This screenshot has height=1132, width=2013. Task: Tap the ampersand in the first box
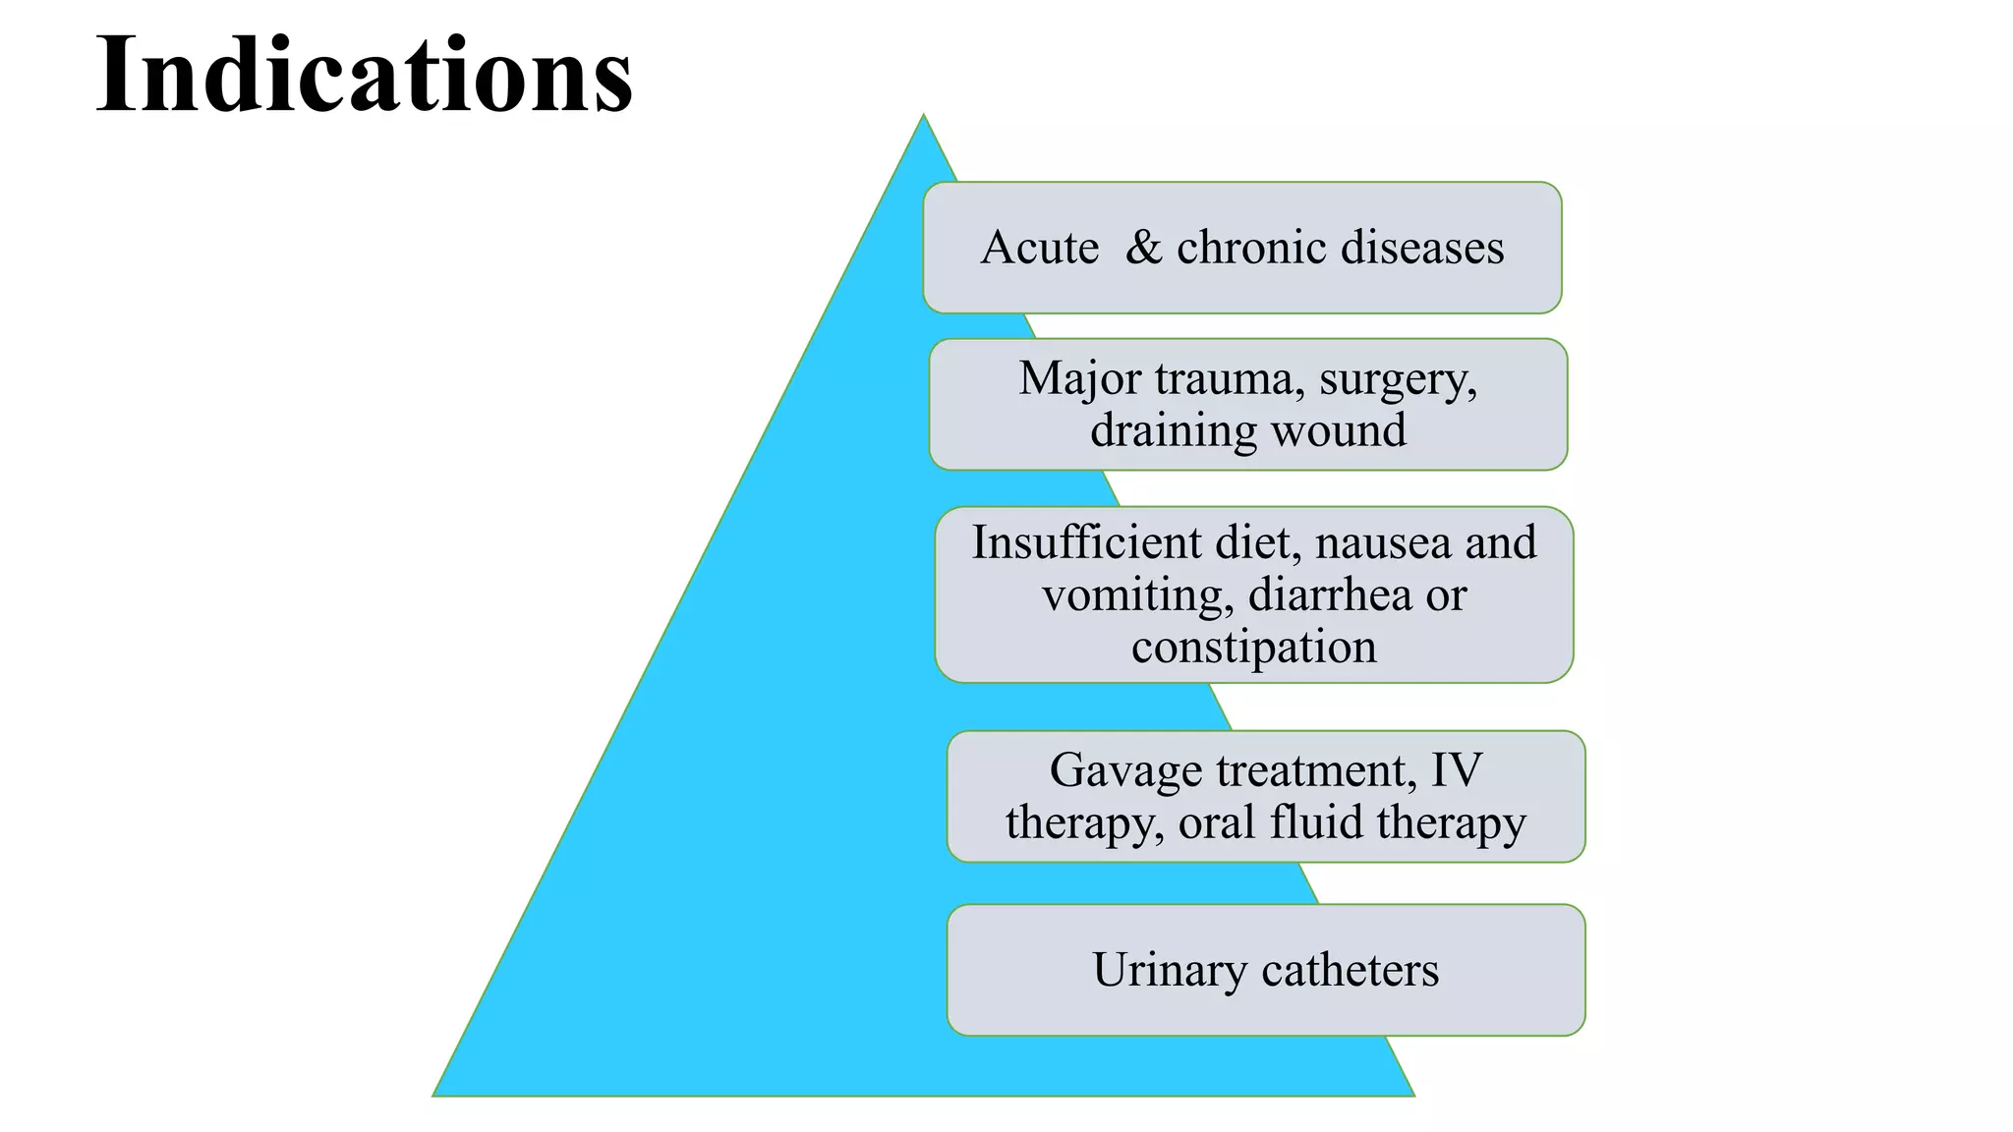(1143, 247)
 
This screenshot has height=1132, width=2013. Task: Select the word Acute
(1039, 248)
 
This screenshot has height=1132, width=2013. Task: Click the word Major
(1079, 379)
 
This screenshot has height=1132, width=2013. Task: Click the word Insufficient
(1086, 542)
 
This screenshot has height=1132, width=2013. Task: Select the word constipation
(1253, 648)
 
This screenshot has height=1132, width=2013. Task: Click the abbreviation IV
(1456, 769)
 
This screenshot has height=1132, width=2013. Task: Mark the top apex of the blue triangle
(923, 117)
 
